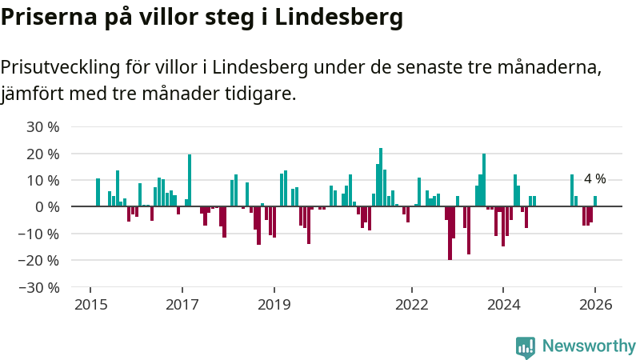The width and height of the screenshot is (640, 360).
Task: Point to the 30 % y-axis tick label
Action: click(x=43, y=126)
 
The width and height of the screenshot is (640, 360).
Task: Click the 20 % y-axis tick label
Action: click(x=43, y=154)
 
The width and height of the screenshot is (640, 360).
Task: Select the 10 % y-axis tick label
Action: click(x=43, y=180)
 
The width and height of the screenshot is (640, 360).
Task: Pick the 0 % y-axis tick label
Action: click(x=47, y=206)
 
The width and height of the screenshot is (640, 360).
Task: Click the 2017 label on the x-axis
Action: click(x=182, y=305)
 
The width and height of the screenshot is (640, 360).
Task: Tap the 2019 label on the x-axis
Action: click(x=274, y=305)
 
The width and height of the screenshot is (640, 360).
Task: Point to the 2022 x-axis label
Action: click(x=413, y=305)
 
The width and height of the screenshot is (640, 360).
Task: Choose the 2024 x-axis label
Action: click(x=504, y=305)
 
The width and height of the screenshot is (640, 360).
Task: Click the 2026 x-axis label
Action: click(x=596, y=305)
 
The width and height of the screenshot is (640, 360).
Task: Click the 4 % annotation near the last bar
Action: click(x=594, y=179)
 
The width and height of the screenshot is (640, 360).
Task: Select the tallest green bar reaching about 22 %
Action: click(x=381, y=177)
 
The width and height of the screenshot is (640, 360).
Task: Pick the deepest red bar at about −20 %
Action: click(x=450, y=233)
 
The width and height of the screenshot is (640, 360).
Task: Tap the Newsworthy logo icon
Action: click(x=526, y=346)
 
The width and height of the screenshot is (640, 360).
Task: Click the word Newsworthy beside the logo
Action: click(x=589, y=346)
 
